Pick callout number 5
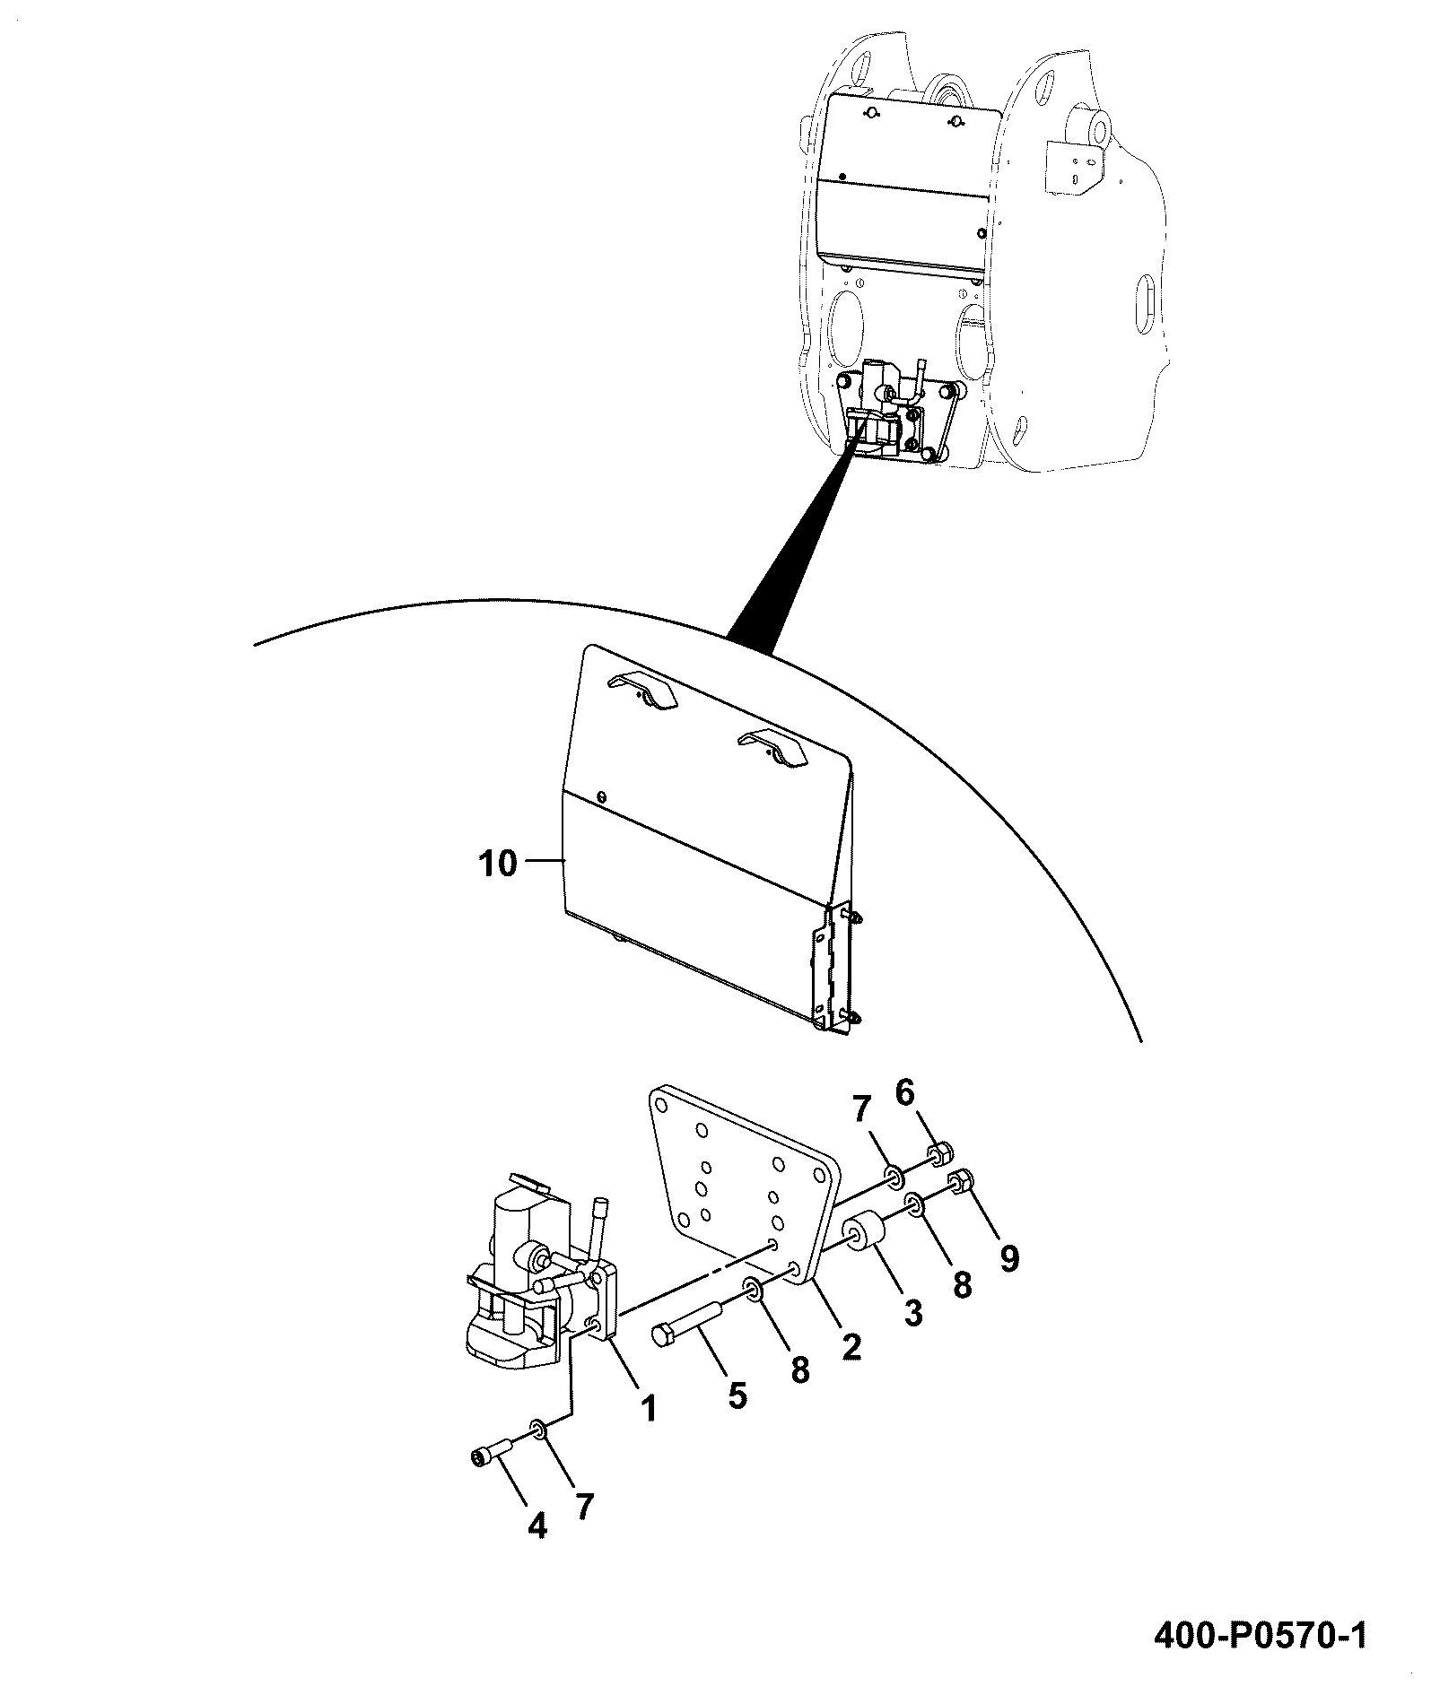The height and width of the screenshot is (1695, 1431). tap(737, 1395)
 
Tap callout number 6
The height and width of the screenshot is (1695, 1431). tap(903, 1093)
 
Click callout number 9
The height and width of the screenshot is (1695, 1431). tap(1009, 1259)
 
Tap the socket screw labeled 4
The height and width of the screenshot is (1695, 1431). tap(492, 1458)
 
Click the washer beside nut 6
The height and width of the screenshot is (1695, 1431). tap(894, 1175)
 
